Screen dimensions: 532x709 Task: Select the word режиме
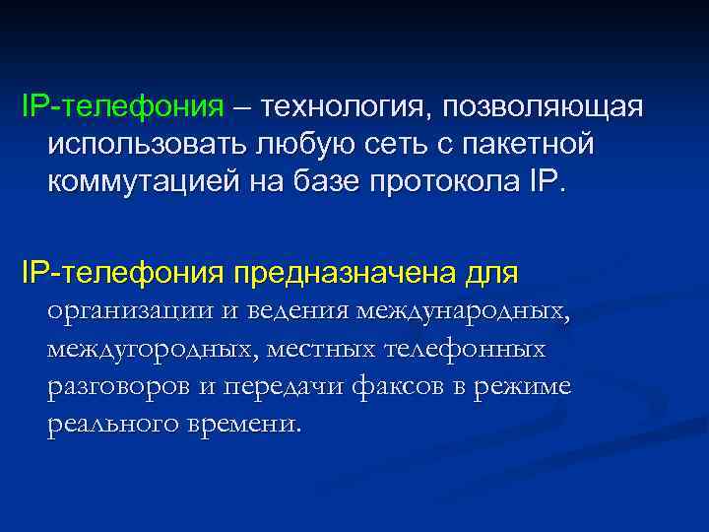coord(530,386)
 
